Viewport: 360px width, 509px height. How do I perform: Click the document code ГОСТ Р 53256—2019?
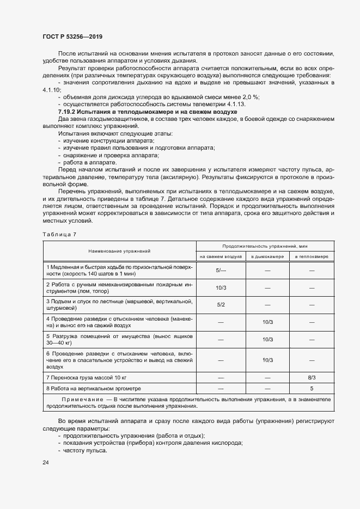(72, 36)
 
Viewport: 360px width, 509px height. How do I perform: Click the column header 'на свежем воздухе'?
(221, 256)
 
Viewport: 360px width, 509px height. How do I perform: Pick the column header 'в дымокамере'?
(267, 256)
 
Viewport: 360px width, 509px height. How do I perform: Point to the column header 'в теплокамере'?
(312, 256)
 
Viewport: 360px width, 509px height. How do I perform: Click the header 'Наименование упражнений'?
(119, 251)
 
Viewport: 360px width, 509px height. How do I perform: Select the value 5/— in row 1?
(221, 271)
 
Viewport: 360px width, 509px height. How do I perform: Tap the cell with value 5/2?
(221, 305)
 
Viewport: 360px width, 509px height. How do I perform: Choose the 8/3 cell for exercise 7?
(312, 376)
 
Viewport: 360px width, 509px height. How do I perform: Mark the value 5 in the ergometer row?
(312, 389)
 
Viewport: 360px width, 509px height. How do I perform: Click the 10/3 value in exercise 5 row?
(267, 340)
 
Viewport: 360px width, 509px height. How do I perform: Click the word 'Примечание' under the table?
(80, 400)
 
